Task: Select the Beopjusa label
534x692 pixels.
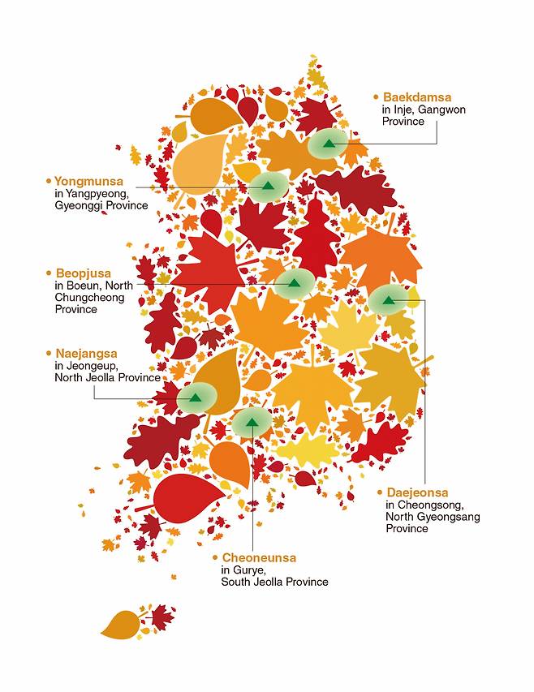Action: click(83, 273)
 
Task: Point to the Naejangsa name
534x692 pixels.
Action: click(86, 354)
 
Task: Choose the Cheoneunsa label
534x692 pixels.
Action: click(259, 558)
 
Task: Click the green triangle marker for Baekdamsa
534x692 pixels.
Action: click(329, 144)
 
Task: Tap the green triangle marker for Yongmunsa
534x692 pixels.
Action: click(267, 186)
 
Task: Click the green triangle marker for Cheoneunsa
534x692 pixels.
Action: click(252, 422)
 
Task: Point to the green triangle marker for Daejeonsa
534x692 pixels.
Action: click(388, 300)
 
